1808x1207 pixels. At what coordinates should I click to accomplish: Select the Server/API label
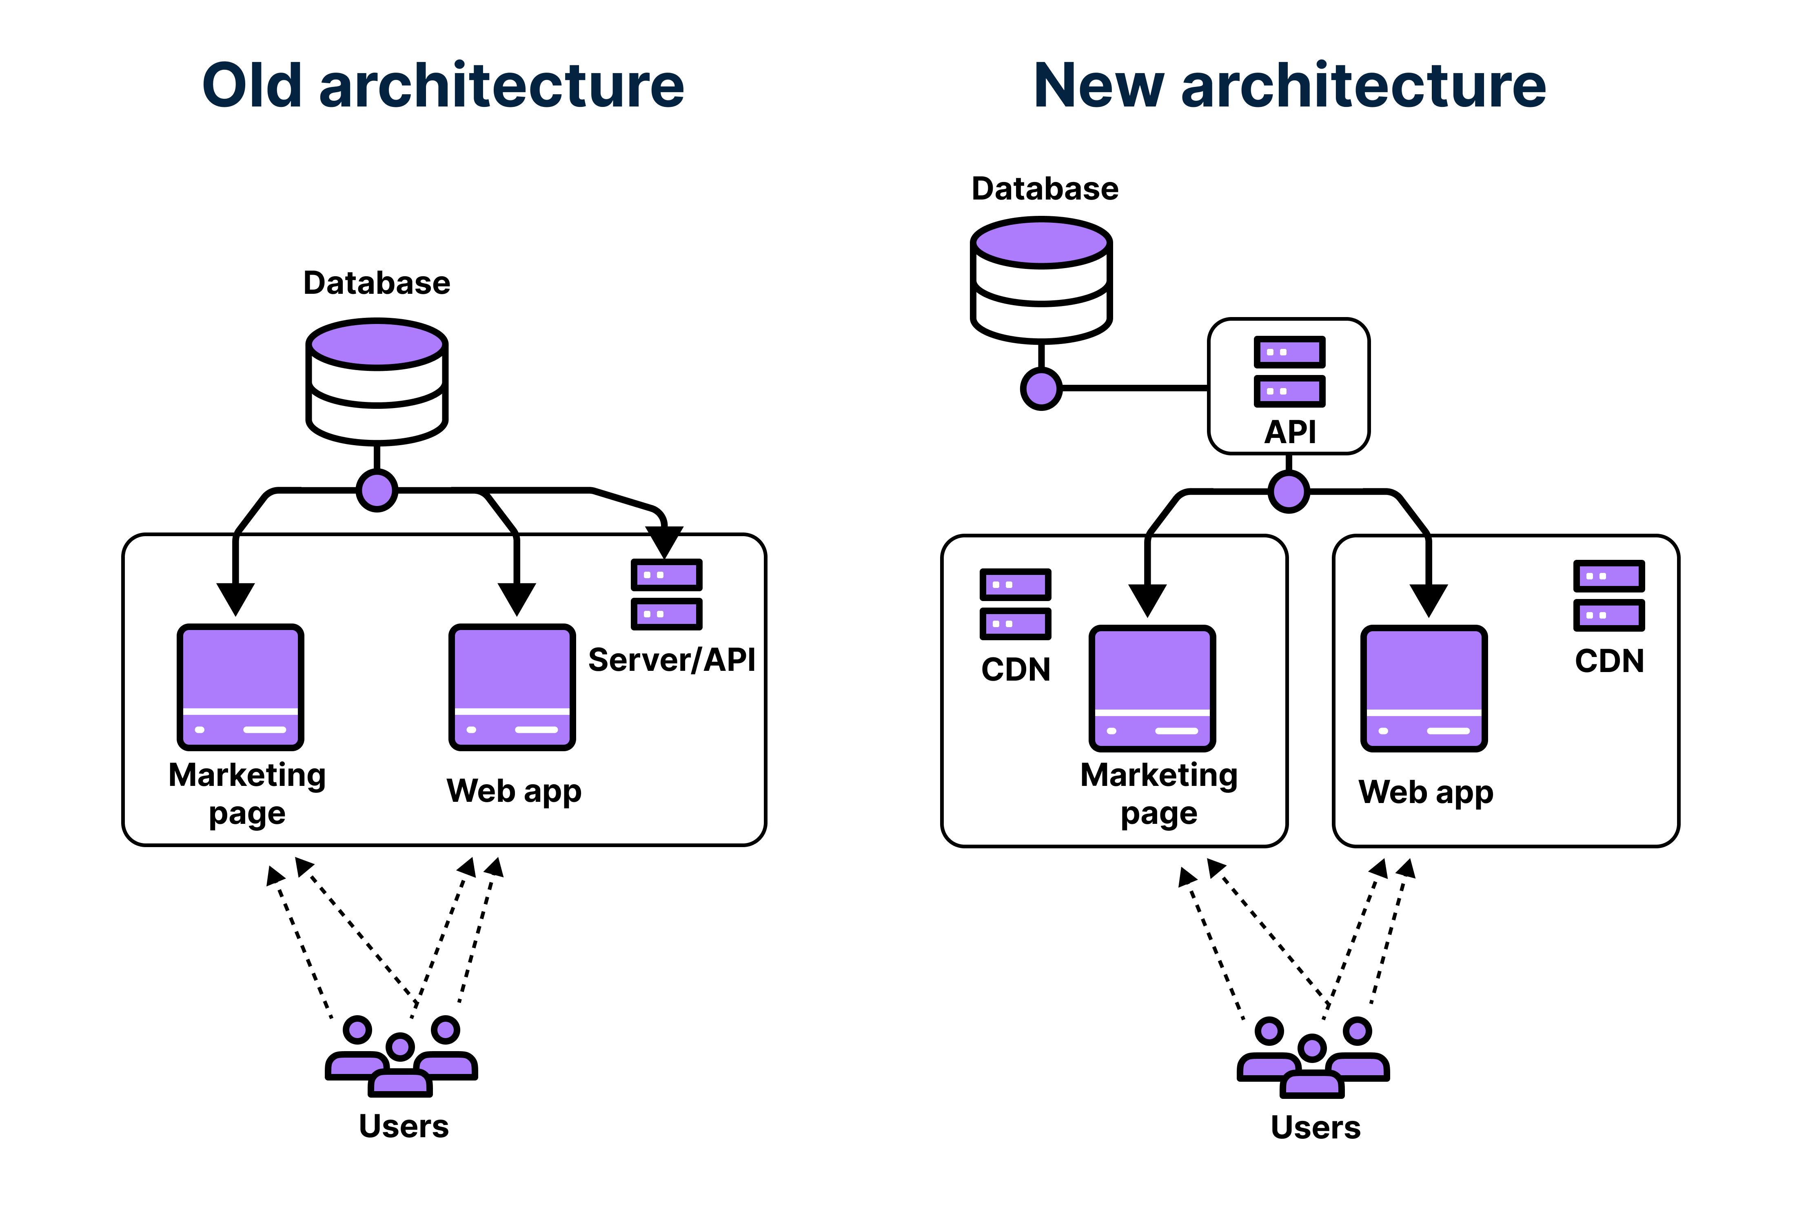point(671,660)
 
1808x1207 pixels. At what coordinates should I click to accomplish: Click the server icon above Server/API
point(667,594)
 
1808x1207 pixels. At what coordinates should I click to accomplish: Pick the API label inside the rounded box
point(1290,432)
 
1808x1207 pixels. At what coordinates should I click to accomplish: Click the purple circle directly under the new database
point(1041,389)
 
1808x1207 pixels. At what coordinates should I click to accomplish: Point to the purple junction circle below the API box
point(1289,491)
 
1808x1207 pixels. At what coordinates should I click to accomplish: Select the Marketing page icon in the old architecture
point(241,687)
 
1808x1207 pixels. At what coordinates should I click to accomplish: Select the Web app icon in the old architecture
point(512,687)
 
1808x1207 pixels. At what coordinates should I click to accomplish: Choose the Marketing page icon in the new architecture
point(1152,688)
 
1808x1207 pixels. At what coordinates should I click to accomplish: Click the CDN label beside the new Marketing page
point(1016,669)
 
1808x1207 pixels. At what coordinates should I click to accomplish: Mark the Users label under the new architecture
point(1316,1127)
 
